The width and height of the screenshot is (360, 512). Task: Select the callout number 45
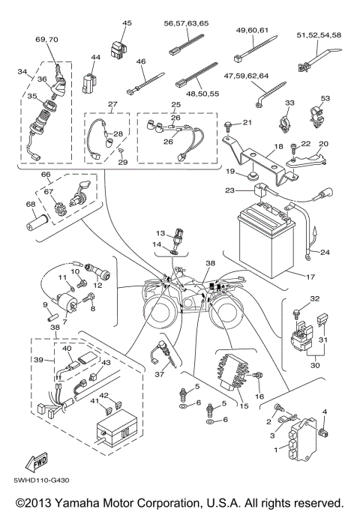click(x=126, y=23)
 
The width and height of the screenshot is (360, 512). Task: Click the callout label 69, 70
click(x=46, y=38)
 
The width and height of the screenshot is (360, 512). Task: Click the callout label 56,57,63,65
click(x=186, y=23)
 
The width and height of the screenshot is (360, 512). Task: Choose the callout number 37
click(x=158, y=373)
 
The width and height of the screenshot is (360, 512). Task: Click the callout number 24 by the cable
click(x=325, y=252)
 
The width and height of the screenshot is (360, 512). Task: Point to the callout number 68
click(x=30, y=204)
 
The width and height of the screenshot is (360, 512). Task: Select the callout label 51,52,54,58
click(x=319, y=35)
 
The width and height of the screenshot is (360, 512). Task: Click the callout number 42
click(x=105, y=395)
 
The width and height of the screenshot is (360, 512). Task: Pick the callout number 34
click(x=21, y=72)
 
